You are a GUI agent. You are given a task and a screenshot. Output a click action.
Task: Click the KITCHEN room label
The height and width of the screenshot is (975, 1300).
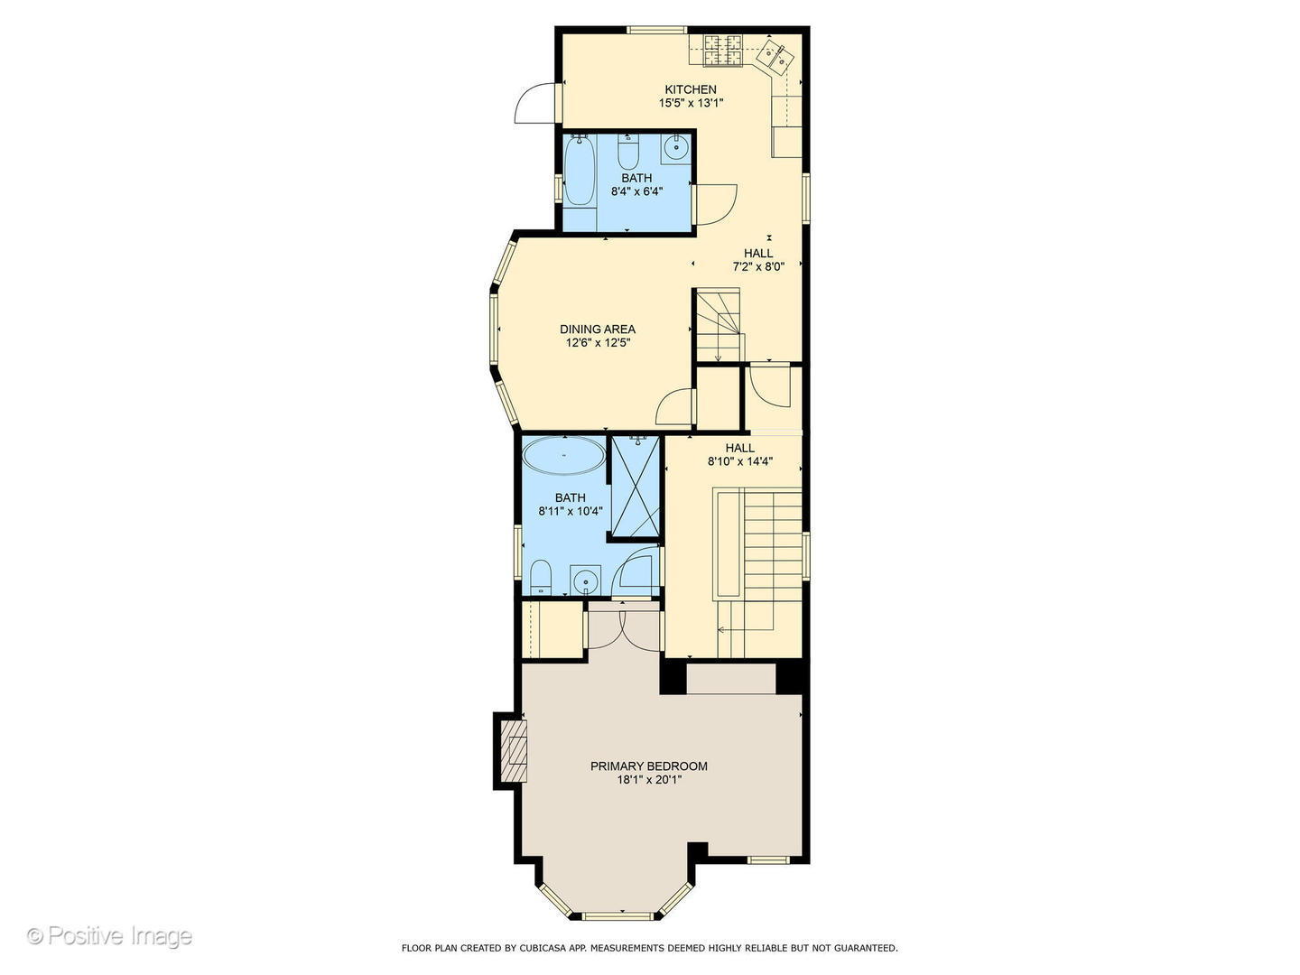tap(691, 89)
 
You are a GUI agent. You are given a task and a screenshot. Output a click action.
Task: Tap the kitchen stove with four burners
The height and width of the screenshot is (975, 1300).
tap(722, 49)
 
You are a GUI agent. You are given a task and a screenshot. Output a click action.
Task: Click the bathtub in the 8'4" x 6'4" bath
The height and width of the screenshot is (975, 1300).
tap(580, 171)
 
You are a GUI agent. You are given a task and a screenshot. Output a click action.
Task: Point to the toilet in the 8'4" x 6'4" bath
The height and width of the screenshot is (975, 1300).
tap(627, 152)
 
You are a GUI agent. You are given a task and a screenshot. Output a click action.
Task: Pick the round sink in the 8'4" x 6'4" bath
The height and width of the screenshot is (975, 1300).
tap(676, 147)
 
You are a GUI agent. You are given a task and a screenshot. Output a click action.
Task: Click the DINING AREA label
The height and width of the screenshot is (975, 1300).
tap(598, 330)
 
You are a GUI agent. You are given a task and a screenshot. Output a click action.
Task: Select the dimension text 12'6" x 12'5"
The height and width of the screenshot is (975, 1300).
tap(598, 343)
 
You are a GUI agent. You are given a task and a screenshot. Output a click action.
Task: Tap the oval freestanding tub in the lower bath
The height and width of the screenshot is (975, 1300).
tap(564, 455)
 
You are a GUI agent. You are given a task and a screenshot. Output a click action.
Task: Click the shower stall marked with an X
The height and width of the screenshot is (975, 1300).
tap(635, 486)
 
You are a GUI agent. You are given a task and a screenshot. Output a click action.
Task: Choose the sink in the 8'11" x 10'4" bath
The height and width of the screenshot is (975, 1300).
tap(585, 580)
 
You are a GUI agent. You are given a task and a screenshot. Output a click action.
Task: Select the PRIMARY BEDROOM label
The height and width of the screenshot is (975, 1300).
tap(648, 766)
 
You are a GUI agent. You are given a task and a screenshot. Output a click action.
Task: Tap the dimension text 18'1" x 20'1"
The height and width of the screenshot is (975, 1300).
tap(649, 780)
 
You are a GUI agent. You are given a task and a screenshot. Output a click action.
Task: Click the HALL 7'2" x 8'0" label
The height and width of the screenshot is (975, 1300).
tap(758, 260)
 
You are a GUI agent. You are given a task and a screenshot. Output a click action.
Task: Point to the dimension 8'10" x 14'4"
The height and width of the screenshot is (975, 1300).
tap(740, 461)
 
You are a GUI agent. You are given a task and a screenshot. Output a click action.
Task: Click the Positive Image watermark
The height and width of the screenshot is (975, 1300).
tap(109, 935)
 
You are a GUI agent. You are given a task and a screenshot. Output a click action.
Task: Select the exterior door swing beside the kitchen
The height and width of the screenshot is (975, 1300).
tap(536, 103)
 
